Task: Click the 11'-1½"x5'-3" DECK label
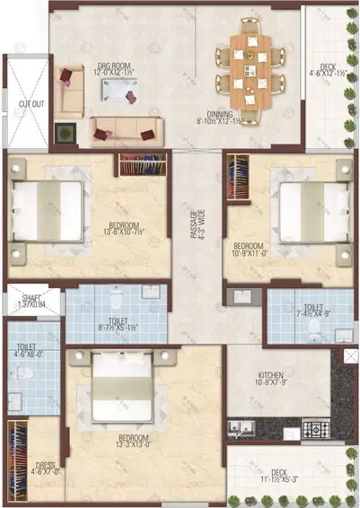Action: point(280,475)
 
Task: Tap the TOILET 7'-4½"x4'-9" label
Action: point(310,311)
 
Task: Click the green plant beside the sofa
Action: point(64,132)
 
